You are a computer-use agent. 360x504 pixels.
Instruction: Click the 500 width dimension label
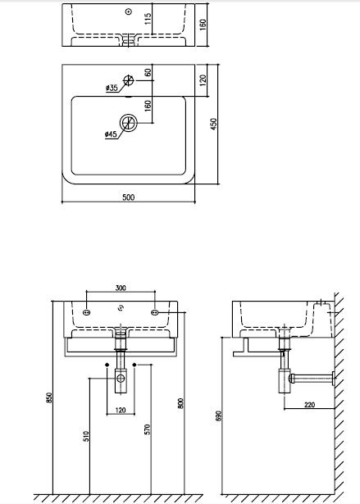(129, 197)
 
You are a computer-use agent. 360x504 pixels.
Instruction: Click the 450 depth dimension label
(213, 124)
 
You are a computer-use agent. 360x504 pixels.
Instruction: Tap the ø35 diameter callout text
(112, 88)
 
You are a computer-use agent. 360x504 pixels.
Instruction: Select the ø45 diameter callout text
(111, 134)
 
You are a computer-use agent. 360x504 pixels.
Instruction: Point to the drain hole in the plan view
(129, 122)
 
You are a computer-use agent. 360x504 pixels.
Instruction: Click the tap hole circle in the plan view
(128, 80)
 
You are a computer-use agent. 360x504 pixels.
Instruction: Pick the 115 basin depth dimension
(148, 19)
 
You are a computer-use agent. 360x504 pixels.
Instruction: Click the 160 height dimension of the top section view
(203, 25)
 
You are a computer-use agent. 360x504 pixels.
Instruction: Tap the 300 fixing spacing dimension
(121, 288)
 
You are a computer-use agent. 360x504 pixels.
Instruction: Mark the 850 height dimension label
(49, 398)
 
